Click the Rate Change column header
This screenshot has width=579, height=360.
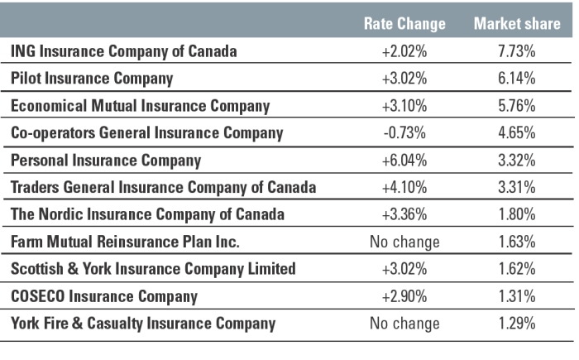404,24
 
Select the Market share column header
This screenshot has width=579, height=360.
517,24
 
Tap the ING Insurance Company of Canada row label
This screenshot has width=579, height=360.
124,51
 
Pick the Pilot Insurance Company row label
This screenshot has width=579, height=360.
92,79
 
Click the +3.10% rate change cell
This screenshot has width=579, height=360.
404,106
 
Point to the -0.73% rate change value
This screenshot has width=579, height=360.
404,133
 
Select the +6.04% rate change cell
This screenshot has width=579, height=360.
404,160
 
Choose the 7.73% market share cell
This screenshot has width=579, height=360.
517,51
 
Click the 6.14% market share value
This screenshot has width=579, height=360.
517,79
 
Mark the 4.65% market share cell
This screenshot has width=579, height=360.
517,133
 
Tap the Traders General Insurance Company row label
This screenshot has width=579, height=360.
163,187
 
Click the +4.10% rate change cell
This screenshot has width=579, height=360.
404,187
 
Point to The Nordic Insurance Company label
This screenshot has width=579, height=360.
147,214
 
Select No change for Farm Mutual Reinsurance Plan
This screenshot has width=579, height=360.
404,242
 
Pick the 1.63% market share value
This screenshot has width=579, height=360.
517,242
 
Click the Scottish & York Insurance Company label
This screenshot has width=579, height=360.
153,269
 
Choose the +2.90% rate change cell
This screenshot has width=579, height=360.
404,296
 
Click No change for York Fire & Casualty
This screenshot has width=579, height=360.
404,324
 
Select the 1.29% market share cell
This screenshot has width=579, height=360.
517,324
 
